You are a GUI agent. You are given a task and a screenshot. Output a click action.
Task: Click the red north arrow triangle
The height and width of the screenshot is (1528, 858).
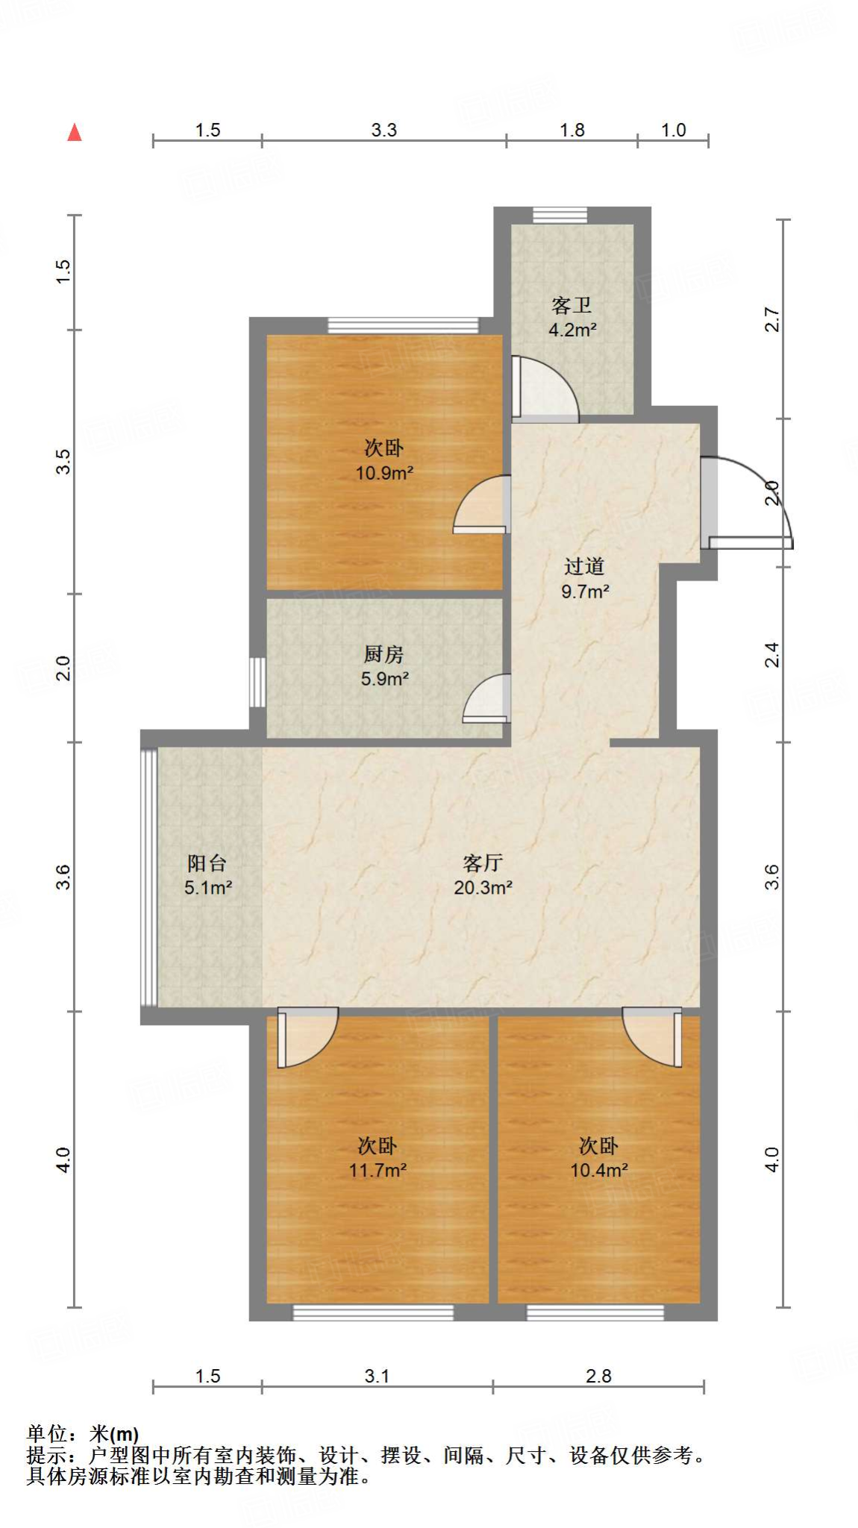tap(75, 133)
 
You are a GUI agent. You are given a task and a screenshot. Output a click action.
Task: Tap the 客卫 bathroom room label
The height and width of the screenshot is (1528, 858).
tap(572, 305)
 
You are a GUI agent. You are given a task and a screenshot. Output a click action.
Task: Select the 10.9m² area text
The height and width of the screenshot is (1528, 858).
tap(384, 473)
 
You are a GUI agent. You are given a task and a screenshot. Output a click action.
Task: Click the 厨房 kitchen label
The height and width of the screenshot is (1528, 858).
tap(383, 654)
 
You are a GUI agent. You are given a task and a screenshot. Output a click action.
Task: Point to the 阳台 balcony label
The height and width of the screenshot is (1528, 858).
tap(207, 863)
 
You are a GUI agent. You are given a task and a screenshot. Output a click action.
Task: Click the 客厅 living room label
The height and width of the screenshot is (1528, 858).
tap(483, 863)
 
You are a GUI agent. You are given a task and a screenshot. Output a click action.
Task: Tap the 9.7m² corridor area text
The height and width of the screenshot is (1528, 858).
tap(585, 592)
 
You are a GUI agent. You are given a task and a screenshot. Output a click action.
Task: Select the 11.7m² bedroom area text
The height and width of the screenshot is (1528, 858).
tap(378, 1170)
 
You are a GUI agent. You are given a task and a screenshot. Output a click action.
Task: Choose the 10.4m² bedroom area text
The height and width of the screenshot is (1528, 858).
tap(598, 1170)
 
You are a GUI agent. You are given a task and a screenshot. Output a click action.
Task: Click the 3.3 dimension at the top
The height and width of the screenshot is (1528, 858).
tap(383, 130)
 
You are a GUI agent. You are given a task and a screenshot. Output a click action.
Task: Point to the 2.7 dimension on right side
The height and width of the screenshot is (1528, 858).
tap(773, 319)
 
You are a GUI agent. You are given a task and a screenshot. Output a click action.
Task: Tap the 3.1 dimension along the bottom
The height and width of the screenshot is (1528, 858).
tap(377, 1376)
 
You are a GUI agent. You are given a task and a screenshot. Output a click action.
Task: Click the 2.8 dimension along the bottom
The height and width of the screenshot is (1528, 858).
tap(598, 1376)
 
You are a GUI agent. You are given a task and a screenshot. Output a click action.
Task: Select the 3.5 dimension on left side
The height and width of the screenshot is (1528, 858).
tap(64, 461)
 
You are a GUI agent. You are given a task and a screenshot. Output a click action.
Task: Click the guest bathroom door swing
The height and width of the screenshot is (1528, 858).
tap(545, 388)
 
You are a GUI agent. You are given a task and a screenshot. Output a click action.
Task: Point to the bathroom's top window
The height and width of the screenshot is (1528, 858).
tap(560, 215)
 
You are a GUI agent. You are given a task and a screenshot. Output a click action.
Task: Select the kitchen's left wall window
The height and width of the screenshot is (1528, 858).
tap(257, 682)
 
